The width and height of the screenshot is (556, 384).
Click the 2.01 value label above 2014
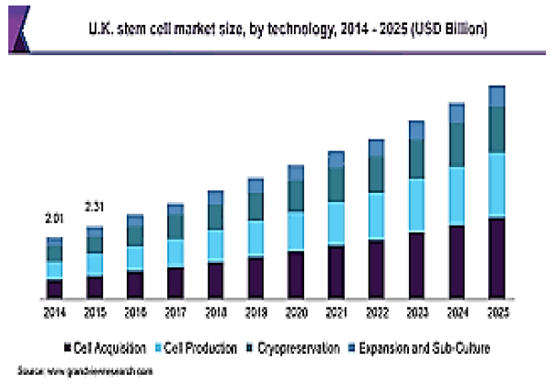click(x=54, y=218)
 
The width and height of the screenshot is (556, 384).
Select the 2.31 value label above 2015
click(x=96, y=206)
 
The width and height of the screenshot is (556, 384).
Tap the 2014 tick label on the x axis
click(x=54, y=313)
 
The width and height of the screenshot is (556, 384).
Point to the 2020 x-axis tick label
click(x=295, y=313)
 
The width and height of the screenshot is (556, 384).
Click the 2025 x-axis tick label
click(x=497, y=313)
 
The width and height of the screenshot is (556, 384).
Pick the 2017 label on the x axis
click(x=176, y=313)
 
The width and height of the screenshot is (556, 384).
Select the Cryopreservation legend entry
click(x=289, y=348)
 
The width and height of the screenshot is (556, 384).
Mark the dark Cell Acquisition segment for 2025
click(x=497, y=257)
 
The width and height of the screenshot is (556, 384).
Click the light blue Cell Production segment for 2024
click(x=457, y=196)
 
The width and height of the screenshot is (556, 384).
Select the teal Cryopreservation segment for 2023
click(x=416, y=158)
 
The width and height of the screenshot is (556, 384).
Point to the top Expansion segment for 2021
click(x=335, y=160)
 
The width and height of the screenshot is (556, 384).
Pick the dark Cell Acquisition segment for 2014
click(x=54, y=288)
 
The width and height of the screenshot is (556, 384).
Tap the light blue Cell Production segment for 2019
click(x=255, y=238)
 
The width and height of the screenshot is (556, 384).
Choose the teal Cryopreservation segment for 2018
click(x=215, y=217)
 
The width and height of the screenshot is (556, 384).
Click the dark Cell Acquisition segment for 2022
click(x=376, y=268)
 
